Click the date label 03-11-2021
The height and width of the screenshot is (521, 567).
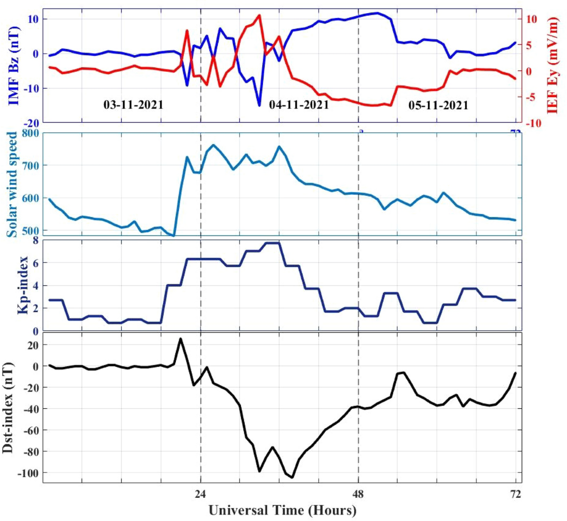click(x=133, y=104)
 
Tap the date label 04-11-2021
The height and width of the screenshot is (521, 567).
click(x=299, y=104)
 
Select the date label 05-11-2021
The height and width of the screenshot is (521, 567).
click(x=438, y=105)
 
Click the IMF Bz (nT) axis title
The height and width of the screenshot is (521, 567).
click(x=14, y=65)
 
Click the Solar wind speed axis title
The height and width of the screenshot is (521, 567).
click(x=13, y=184)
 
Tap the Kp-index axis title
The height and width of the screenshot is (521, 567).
click(x=23, y=285)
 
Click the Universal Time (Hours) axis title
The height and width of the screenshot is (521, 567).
click(x=282, y=511)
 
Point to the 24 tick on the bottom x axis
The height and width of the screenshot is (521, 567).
click(x=201, y=495)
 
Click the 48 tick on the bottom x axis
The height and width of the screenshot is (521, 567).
click(x=359, y=495)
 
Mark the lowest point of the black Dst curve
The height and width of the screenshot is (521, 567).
click(x=292, y=478)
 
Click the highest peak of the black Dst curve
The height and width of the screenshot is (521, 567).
click(x=180, y=339)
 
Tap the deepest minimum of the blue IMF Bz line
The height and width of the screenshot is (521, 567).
click(x=259, y=105)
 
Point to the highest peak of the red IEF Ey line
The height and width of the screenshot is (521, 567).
click(x=259, y=16)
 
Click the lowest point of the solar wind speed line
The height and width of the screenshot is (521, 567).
click(x=174, y=235)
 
